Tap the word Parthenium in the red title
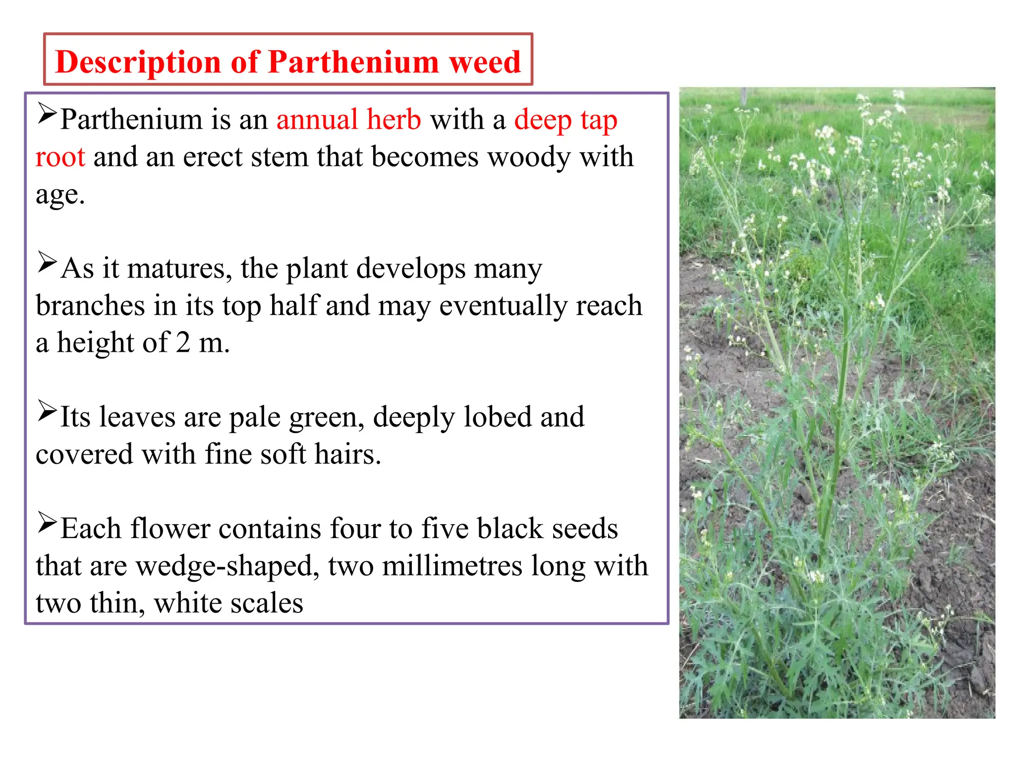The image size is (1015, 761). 353,62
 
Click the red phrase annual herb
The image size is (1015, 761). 348,119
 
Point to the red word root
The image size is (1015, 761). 60,157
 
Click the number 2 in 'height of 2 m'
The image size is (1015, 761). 183,342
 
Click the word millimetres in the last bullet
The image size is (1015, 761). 452,566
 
